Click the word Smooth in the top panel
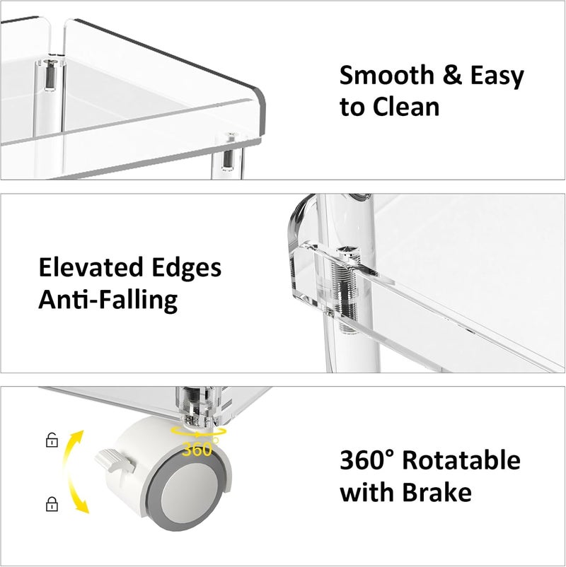tap(387, 75)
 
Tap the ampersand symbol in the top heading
tap(452, 75)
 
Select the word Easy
tap(497, 77)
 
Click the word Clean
tap(405, 107)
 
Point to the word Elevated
tap(91, 267)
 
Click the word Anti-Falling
tap(108, 300)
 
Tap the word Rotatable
tap(461, 460)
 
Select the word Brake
tap(437, 492)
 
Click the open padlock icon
tap(52, 440)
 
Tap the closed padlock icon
tap(52, 503)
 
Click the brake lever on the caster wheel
tap(115, 461)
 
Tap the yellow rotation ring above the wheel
tap(199, 431)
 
